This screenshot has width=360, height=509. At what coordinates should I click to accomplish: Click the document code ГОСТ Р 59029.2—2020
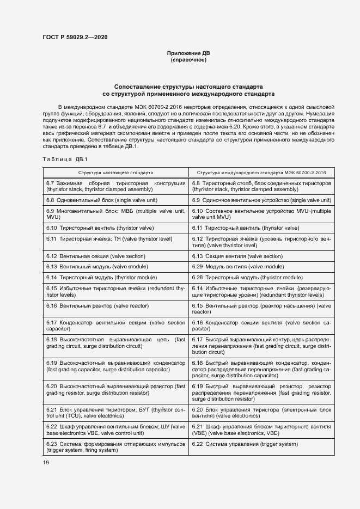coord(75,37)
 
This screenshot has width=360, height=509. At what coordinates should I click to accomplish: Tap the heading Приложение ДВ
coord(188,53)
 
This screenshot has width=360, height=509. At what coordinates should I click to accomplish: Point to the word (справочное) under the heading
coord(188,60)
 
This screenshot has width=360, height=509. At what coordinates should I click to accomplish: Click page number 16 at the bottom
coord(46,462)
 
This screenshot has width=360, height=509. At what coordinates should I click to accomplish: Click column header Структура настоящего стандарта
coord(115,171)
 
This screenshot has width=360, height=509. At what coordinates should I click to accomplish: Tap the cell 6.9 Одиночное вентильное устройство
coord(261,200)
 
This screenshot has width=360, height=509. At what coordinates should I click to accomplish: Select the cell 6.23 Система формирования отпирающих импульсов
coord(115,447)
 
